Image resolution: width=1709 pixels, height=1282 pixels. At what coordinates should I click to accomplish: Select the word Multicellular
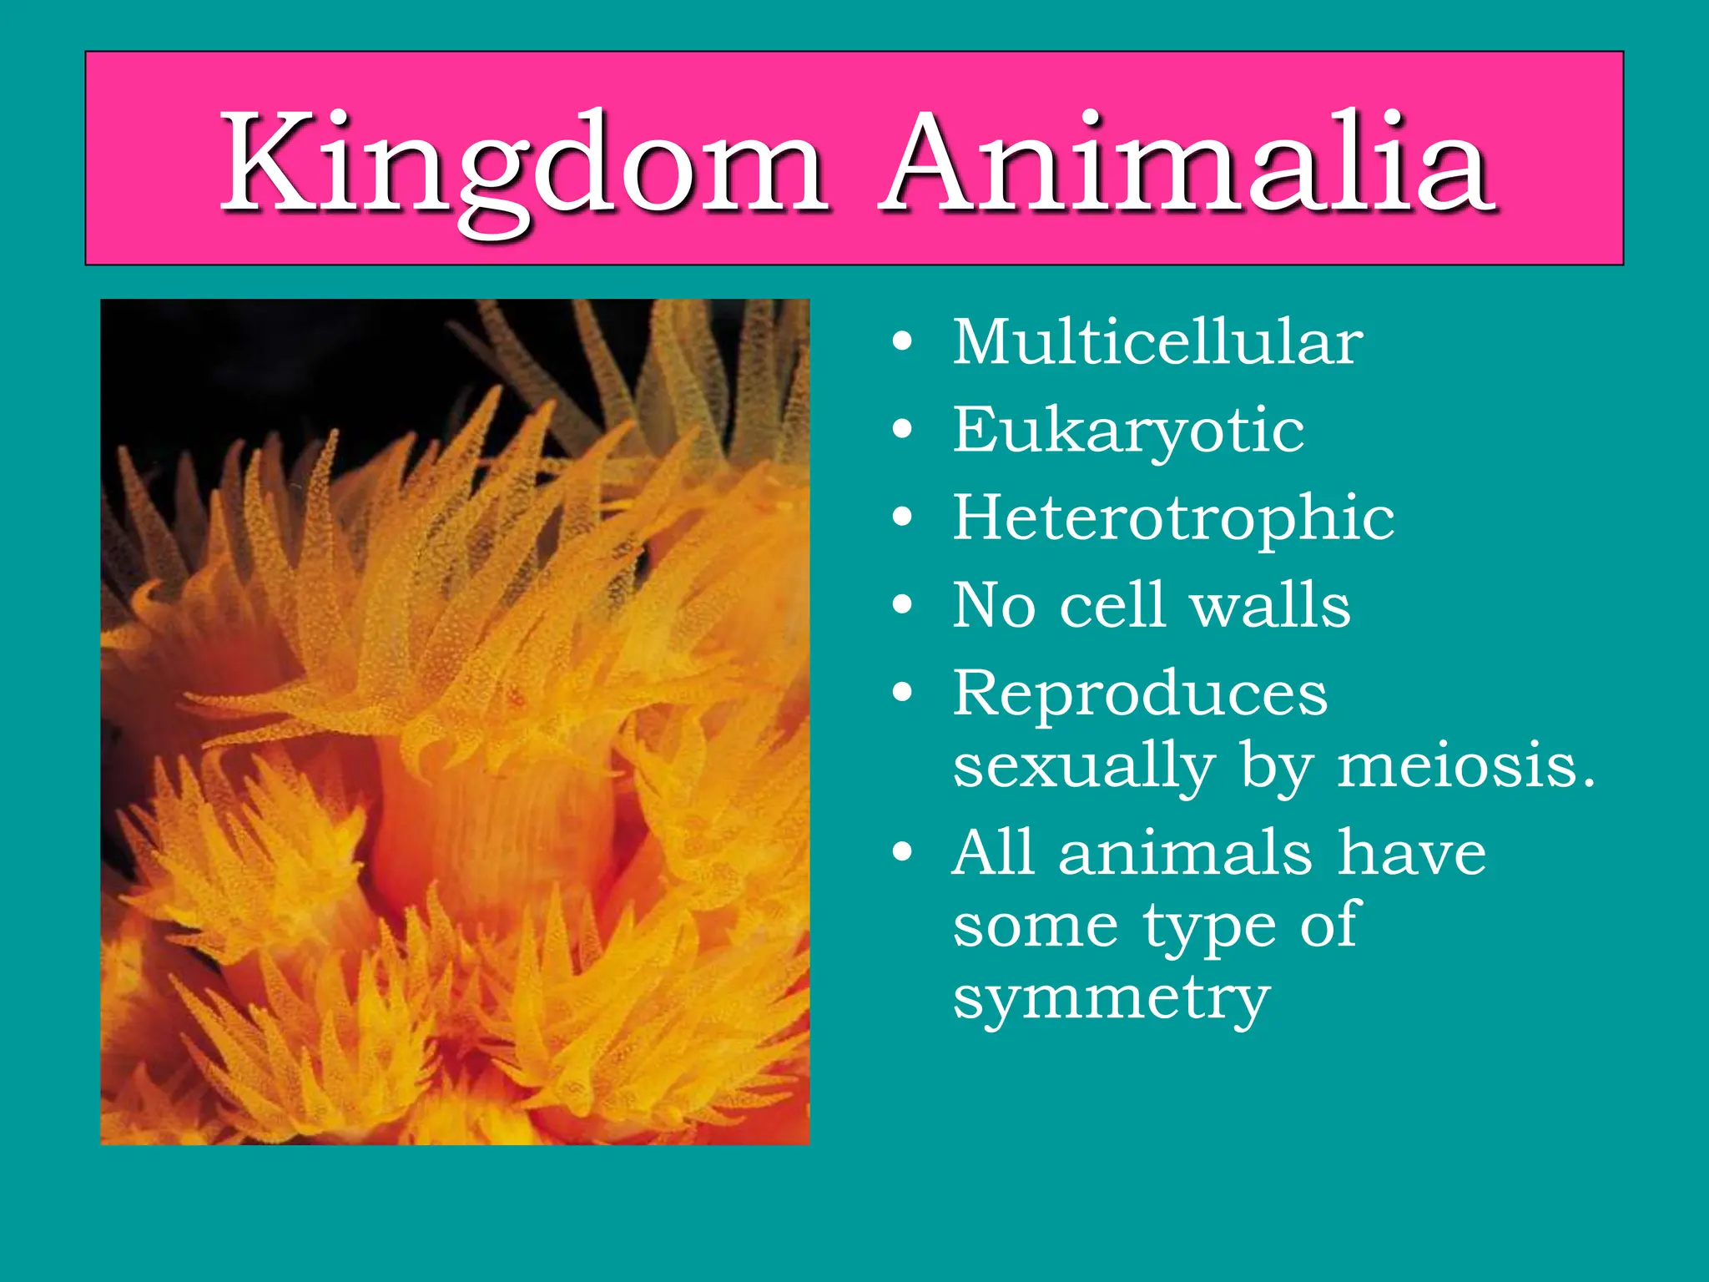(x=1157, y=342)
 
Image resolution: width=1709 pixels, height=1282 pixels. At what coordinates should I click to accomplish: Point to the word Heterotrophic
(x=1173, y=517)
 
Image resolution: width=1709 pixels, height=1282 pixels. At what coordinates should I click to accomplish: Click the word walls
(x=1270, y=605)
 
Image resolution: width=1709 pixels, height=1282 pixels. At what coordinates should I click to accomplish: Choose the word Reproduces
(x=1140, y=693)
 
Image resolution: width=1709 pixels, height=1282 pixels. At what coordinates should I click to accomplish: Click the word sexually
(x=1084, y=766)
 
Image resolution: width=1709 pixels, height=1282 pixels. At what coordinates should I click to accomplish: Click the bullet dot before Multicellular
(x=902, y=343)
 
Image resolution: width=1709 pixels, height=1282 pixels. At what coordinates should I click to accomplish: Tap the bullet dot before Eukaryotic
(x=902, y=431)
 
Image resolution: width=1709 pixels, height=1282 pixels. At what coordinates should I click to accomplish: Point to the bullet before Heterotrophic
(x=902, y=518)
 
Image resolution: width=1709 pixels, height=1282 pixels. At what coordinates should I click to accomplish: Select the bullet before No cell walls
(x=902, y=605)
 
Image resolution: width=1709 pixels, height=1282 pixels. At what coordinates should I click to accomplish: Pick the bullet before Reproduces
(x=902, y=693)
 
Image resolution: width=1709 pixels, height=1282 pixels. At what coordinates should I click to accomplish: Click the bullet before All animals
(x=902, y=853)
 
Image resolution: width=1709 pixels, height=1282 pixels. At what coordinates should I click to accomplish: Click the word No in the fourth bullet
(x=994, y=605)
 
